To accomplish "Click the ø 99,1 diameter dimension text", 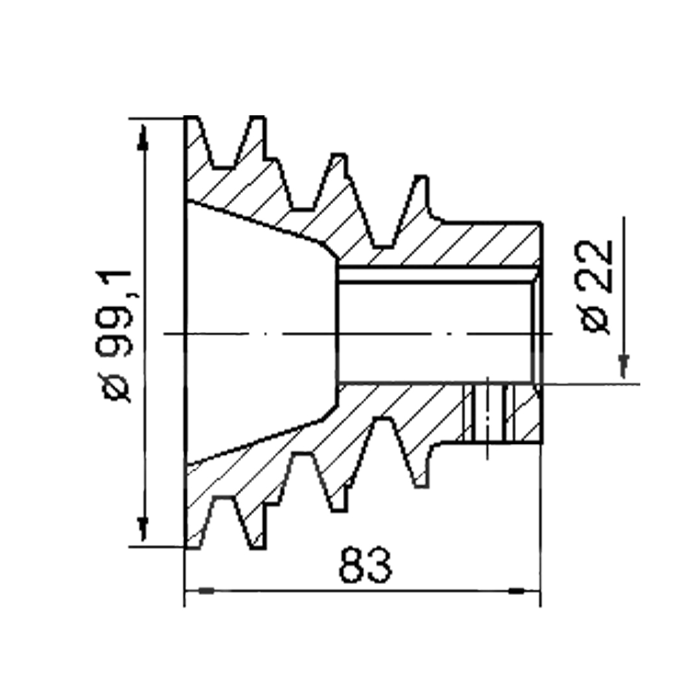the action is [x=117, y=336].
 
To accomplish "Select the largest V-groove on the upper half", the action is [x=225, y=143].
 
